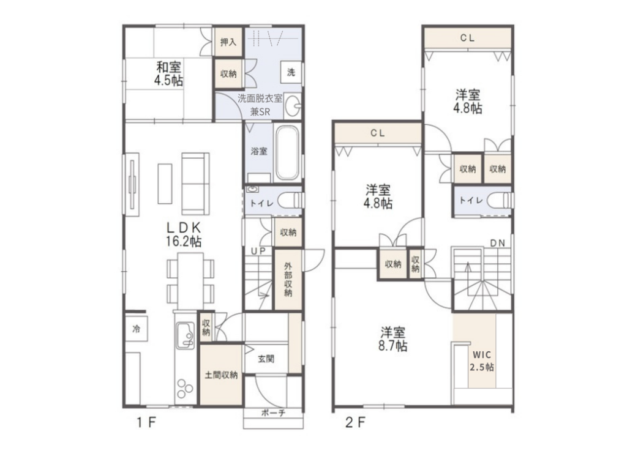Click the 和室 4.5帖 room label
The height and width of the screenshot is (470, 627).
(x=168, y=73)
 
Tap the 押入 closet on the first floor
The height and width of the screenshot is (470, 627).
(x=228, y=42)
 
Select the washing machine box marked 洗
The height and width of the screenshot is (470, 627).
(x=291, y=72)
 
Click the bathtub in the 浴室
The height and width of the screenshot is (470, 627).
(x=288, y=152)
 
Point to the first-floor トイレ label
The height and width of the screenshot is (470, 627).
(x=261, y=203)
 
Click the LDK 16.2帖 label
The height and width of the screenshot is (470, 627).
(x=184, y=234)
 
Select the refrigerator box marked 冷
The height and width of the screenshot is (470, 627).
(x=137, y=329)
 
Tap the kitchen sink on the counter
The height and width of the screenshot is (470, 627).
(x=185, y=335)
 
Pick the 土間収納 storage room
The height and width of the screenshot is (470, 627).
(x=221, y=375)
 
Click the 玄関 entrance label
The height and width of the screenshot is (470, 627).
(x=266, y=359)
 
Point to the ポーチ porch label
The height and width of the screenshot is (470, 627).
(x=273, y=413)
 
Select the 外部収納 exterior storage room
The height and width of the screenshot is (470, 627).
(x=288, y=279)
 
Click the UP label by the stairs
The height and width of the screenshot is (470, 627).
(x=258, y=251)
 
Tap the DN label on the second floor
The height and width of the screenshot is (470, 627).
(x=497, y=243)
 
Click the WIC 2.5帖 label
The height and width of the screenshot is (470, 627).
(x=482, y=361)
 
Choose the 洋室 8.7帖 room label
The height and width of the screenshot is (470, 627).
(x=392, y=339)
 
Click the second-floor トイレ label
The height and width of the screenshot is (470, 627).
(x=471, y=200)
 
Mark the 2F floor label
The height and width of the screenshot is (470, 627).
(x=356, y=422)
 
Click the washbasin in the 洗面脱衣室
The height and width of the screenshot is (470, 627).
(x=293, y=106)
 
